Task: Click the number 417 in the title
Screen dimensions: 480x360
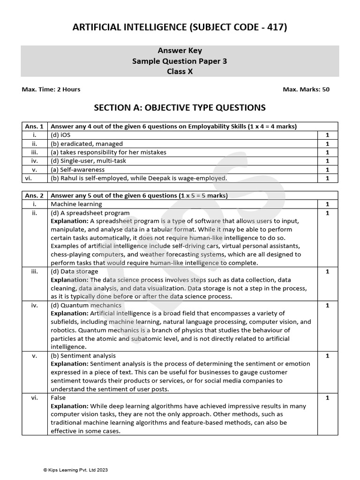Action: [276, 28]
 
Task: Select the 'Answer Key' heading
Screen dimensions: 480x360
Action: [180, 51]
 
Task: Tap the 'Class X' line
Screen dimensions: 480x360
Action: [180, 72]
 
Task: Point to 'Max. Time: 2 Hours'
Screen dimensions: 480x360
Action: [51, 90]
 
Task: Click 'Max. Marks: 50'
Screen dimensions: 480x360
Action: [306, 90]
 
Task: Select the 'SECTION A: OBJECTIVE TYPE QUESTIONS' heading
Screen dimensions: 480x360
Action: [180, 108]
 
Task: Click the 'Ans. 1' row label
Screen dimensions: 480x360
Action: [34, 126]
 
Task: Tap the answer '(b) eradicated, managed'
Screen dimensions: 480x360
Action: [87, 144]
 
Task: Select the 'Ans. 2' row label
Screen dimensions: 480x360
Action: [34, 195]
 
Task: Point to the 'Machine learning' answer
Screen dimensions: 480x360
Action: [76, 204]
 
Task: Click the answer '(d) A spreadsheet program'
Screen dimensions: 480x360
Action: [90, 213]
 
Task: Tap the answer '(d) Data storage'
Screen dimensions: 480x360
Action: [74, 271]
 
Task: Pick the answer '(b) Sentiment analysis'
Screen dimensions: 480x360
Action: [83, 356]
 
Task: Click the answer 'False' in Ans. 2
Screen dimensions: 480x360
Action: [58, 397]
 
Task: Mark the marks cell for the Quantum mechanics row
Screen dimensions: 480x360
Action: [327, 305]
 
